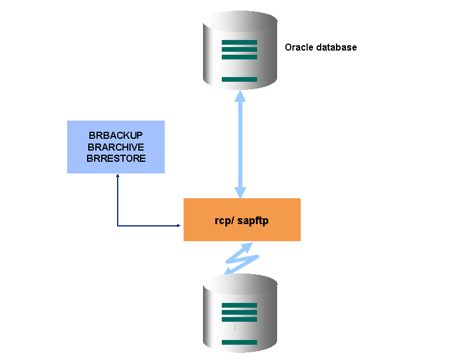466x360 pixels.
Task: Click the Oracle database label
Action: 321,47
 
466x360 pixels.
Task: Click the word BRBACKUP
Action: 116,136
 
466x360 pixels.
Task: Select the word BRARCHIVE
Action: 116,147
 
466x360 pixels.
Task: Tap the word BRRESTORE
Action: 116,158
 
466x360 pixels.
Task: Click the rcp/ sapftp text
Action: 242,221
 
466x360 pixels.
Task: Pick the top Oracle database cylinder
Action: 239,50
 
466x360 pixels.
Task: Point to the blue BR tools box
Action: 116,147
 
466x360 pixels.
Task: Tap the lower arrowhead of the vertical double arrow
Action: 239,192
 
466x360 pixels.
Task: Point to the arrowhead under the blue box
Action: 118,176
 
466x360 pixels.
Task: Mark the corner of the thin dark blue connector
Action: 118,225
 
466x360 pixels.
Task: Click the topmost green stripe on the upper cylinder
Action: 239,42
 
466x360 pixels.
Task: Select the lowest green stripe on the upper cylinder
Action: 239,79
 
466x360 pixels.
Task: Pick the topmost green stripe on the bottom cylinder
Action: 239,305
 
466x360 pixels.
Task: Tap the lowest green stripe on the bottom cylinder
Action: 239,342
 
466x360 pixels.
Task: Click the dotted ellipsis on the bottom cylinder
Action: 234,326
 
